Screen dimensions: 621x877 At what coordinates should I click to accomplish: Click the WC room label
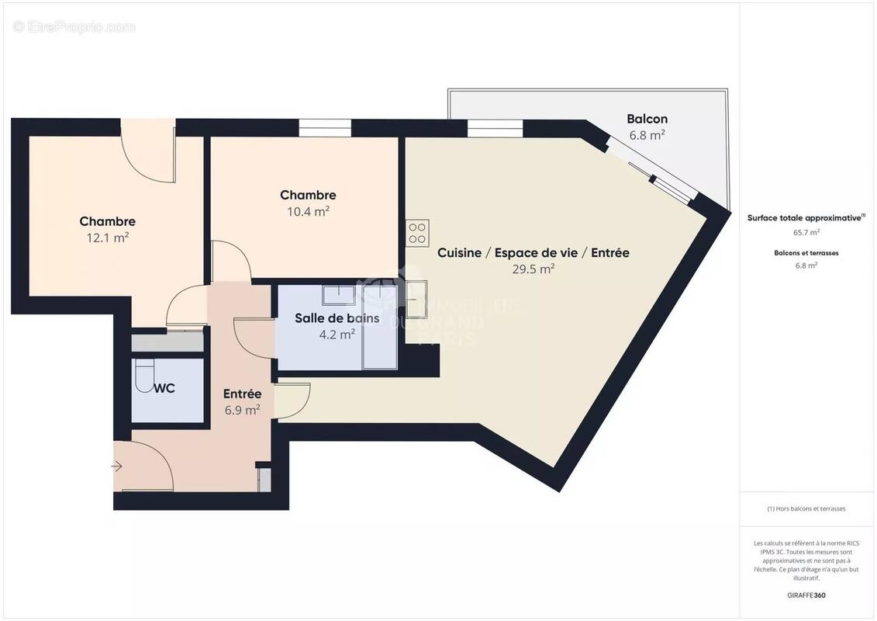(x=164, y=388)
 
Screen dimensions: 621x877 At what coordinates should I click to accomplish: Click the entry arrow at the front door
(x=117, y=467)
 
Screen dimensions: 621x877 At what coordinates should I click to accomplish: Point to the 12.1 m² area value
(x=107, y=238)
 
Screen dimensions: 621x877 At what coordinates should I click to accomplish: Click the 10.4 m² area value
(x=308, y=211)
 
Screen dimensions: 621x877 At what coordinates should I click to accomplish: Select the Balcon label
(x=647, y=119)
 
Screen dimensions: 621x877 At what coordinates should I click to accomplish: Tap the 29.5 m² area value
(x=533, y=269)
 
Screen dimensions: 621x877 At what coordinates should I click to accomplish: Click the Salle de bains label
(x=337, y=318)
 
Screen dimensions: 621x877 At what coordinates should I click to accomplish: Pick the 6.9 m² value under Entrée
(x=242, y=410)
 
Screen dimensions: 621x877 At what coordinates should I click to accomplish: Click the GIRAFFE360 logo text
(x=806, y=596)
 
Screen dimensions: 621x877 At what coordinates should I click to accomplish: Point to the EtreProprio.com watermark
(x=74, y=27)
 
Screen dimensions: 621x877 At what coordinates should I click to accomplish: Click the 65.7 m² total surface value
(x=806, y=232)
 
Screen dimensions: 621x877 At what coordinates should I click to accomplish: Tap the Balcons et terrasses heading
(x=806, y=253)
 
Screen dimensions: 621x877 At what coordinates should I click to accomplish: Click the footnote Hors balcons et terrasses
(x=806, y=508)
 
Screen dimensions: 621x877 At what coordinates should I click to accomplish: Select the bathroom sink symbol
(x=337, y=294)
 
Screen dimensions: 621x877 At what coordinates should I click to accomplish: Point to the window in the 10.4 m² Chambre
(x=315, y=128)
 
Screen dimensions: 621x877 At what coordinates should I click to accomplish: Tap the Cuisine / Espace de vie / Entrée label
(x=533, y=253)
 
